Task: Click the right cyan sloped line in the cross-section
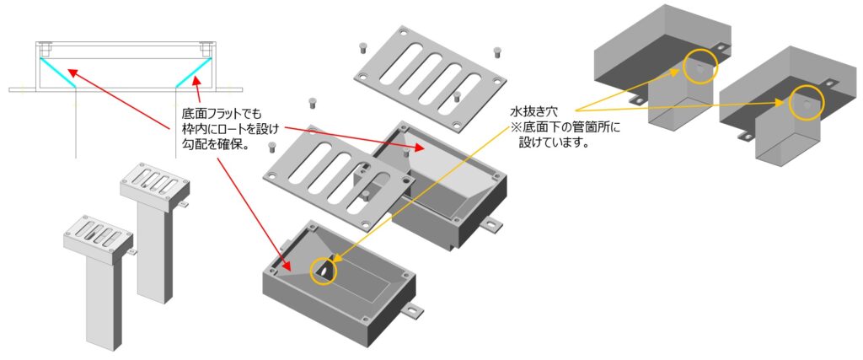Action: (190, 69)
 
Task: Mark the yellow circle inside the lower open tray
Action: (323, 270)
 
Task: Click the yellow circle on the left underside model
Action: (700, 68)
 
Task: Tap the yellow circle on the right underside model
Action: (807, 102)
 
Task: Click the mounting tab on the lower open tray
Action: (410, 309)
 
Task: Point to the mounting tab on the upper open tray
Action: (490, 225)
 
